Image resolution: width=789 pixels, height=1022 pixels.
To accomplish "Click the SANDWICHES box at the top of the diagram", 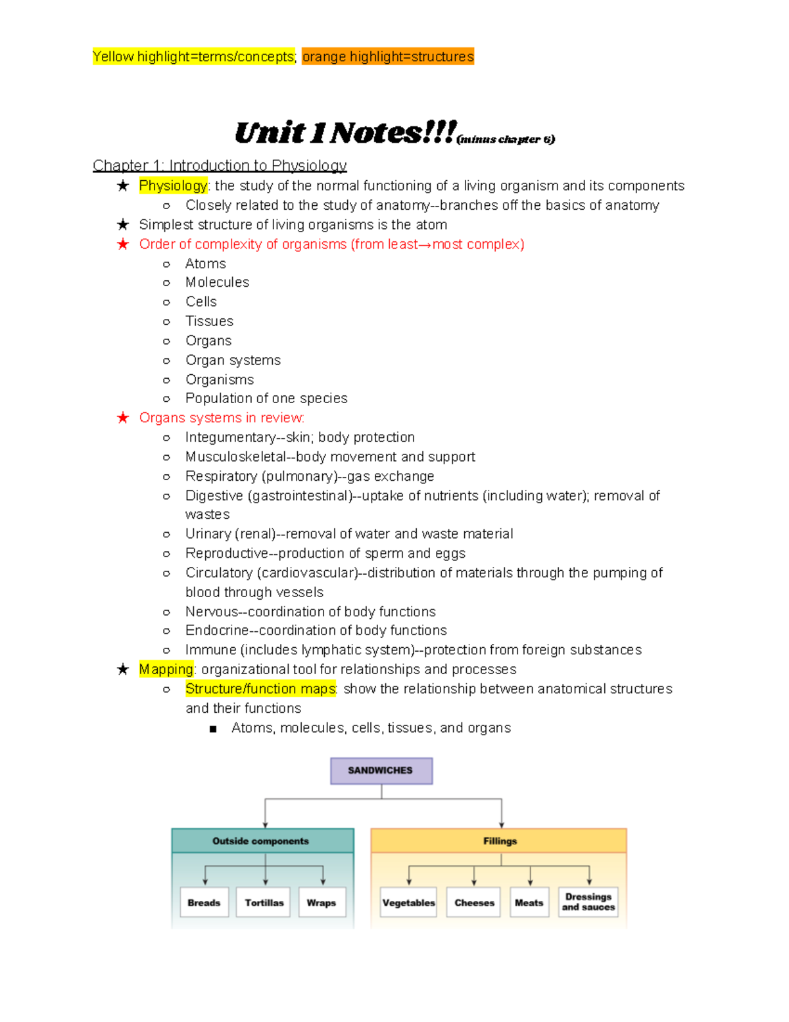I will click(x=381, y=771).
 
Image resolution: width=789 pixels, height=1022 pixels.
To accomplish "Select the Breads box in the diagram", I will click(x=204, y=902).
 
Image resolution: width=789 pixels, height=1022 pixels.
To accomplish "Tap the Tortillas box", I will click(x=264, y=902).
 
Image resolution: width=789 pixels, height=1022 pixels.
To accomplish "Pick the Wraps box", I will click(x=322, y=902).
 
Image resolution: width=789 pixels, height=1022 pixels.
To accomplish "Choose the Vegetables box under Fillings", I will click(x=409, y=902).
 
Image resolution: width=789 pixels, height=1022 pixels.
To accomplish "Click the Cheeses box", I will click(x=474, y=902).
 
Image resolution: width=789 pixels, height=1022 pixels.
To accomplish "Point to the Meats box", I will click(x=529, y=902).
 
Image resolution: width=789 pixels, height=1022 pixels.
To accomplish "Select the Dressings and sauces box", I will click(x=588, y=902).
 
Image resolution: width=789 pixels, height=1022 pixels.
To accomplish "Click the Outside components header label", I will click(x=261, y=841).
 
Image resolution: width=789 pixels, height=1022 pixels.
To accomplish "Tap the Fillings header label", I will click(x=500, y=841).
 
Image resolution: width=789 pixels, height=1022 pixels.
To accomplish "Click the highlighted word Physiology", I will click(x=173, y=186).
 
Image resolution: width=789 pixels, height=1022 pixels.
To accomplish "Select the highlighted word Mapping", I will click(x=166, y=669).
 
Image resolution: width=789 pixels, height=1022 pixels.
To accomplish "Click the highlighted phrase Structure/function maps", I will click(x=260, y=689).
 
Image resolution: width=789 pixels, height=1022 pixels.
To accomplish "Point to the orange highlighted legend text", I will click(x=388, y=57).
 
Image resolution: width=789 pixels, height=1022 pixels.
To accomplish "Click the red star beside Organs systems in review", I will click(x=123, y=418).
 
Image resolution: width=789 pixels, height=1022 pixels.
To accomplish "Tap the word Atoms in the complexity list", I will click(x=206, y=264).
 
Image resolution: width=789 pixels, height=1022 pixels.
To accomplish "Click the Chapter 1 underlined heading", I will click(x=220, y=165).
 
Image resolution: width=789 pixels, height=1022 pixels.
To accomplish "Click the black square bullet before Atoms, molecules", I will click(x=212, y=729).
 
